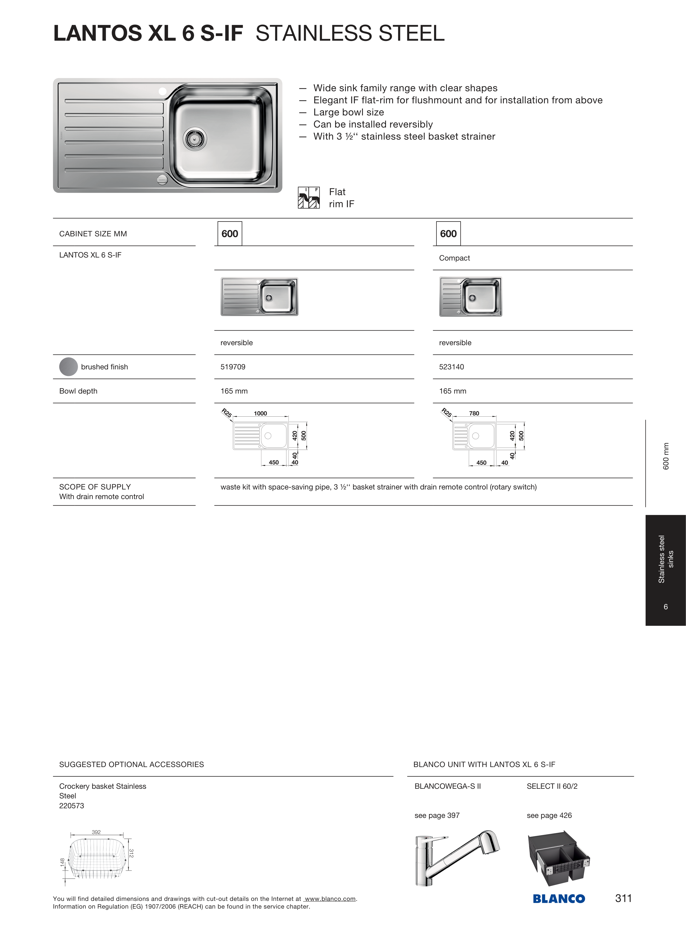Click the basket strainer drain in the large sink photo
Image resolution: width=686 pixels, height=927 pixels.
[x=194, y=139]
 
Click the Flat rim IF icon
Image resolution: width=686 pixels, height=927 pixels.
[x=309, y=198]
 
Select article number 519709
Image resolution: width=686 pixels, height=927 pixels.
[x=233, y=367]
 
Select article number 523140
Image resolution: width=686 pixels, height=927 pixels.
[x=451, y=367]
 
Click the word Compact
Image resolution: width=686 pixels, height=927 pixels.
[x=454, y=258]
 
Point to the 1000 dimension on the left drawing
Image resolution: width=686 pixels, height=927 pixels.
[x=260, y=413]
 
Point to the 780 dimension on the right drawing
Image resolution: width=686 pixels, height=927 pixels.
[x=474, y=413]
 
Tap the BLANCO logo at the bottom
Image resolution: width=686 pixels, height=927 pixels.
[x=559, y=899]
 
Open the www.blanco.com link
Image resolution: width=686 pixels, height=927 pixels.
[x=330, y=899]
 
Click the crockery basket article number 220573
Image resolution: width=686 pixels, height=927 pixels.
[x=71, y=806]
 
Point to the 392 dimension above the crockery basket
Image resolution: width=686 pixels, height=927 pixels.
[x=96, y=832]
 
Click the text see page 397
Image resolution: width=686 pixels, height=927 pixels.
[x=437, y=815]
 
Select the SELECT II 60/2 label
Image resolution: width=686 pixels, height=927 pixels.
[x=552, y=786]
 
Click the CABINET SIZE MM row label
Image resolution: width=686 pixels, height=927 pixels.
[x=93, y=234]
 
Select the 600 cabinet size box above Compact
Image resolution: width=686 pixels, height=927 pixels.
[x=448, y=234]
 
